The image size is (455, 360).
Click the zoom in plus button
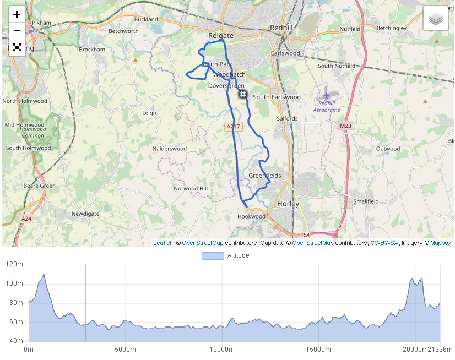17,14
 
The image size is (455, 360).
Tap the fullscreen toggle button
17,47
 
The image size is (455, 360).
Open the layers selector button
436,19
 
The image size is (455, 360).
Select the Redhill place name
284,28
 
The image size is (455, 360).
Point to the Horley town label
288,204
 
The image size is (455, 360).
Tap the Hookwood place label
251,216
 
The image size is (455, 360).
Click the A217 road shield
234,127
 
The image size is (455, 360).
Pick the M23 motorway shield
345,126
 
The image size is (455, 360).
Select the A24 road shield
26,219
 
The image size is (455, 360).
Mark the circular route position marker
243,94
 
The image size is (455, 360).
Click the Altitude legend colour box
213,255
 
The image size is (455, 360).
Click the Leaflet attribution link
162,243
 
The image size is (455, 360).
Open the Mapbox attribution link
441,243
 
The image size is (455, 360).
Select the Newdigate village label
85,214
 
